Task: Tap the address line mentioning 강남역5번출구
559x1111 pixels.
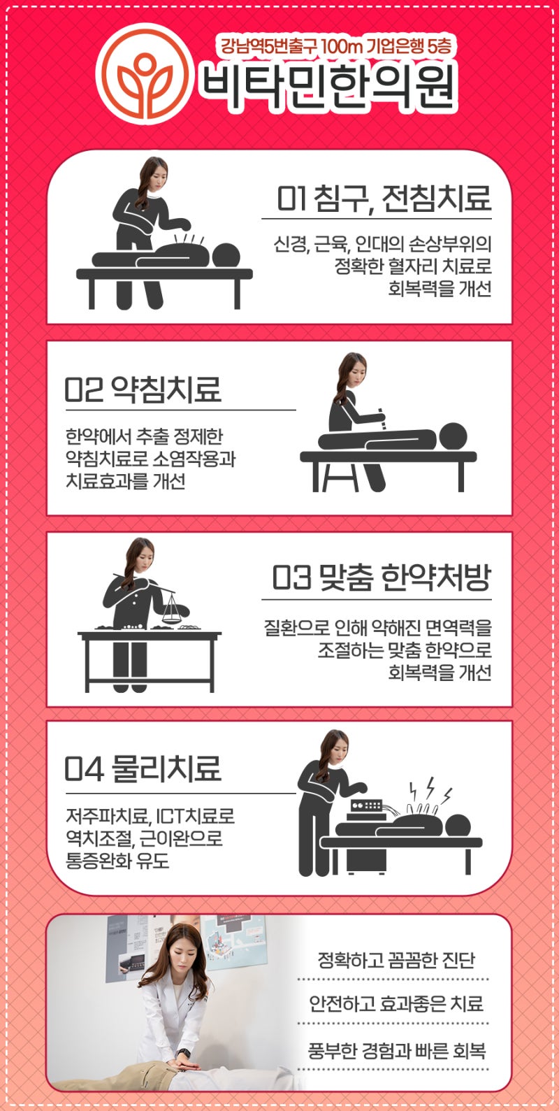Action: (x=335, y=48)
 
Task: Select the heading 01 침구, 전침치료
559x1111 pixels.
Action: (x=384, y=199)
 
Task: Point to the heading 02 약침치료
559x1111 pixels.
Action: (x=143, y=389)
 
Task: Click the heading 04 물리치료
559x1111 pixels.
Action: (x=143, y=769)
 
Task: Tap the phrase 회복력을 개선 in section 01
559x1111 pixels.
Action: (x=440, y=289)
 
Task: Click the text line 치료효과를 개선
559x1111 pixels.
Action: (x=126, y=482)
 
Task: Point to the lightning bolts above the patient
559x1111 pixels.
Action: (x=430, y=789)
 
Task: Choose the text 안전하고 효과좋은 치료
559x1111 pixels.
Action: (x=395, y=1004)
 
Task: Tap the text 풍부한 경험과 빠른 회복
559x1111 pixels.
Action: (x=396, y=1050)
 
